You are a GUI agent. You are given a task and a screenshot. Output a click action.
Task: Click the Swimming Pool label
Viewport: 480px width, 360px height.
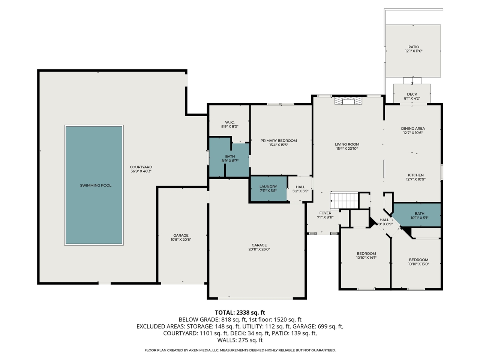tap(96, 185)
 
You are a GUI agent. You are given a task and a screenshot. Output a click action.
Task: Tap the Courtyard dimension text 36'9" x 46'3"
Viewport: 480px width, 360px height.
tap(141, 171)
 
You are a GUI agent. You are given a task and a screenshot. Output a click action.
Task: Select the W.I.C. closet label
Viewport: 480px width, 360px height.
tap(229, 122)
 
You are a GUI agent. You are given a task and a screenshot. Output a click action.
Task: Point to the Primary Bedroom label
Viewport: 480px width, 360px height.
tap(278, 141)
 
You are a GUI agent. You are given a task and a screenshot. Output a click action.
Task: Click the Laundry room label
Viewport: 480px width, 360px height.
tap(268, 186)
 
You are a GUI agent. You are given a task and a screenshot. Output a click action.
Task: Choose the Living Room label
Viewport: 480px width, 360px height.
tap(347, 144)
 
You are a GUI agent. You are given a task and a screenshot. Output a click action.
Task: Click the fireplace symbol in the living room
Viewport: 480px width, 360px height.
tap(348, 101)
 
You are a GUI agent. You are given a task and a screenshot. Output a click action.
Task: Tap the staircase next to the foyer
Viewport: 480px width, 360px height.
tap(344, 200)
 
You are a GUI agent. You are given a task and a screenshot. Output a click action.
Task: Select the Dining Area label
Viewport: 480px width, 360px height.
tap(413, 129)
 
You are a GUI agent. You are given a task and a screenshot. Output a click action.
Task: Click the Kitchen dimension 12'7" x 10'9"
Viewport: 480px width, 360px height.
tap(416, 179)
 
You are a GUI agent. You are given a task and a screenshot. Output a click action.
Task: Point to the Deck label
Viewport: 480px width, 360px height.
tap(412, 94)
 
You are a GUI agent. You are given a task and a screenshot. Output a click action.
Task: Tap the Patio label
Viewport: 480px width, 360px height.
tap(414, 47)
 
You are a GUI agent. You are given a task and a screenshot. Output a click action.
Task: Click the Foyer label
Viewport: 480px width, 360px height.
tap(325, 213)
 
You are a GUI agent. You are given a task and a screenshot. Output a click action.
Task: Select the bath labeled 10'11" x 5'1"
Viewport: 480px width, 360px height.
tap(419, 216)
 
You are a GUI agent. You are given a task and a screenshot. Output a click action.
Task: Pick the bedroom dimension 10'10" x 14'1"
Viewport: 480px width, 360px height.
tap(366, 258)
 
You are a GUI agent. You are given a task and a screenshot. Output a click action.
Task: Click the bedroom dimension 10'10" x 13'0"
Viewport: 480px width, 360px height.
tap(418, 264)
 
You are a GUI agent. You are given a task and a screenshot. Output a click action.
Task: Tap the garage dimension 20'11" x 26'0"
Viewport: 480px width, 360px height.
tap(259, 249)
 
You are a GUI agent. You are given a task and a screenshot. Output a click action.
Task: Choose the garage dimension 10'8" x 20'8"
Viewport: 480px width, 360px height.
tap(181, 239)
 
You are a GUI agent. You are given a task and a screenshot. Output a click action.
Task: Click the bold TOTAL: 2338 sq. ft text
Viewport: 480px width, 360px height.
tap(240, 313)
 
